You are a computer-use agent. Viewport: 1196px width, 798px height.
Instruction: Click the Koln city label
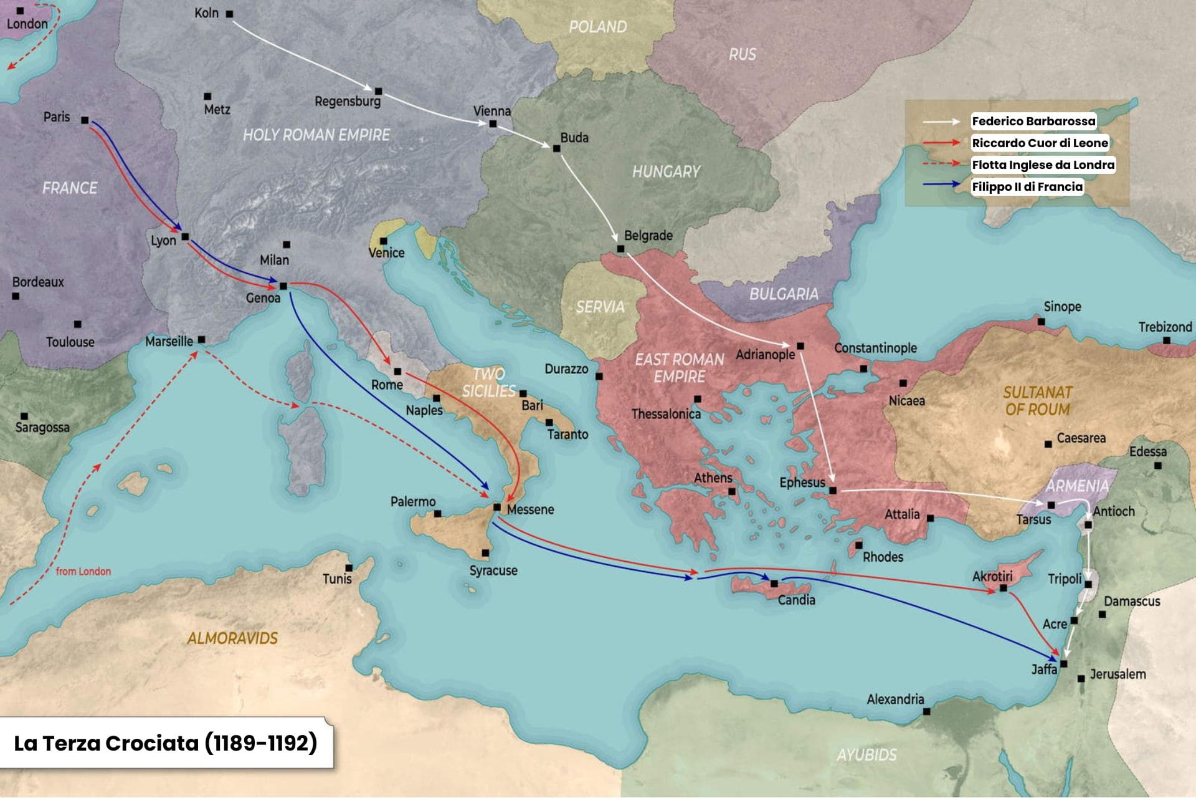pyautogui.click(x=206, y=13)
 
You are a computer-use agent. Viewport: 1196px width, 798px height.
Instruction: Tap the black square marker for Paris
pyautogui.click(x=85, y=120)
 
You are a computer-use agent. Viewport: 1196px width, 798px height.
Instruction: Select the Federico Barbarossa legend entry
pyautogui.click(x=1033, y=121)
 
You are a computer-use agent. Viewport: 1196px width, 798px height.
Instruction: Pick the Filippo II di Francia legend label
pyautogui.click(x=1027, y=186)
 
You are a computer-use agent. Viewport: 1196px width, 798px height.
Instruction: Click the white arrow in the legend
pyautogui.click(x=941, y=122)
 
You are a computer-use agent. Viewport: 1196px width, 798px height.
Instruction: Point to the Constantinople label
pyautogui.click(x=875, y=348)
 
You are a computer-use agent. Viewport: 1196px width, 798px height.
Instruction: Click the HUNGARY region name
pyautogui.click(x=666, y=171)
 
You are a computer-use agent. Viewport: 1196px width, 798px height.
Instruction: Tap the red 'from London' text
pyautogui.click(x=83, y=571)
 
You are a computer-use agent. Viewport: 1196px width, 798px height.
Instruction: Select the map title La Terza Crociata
pyautogui.click(x=165, y=743)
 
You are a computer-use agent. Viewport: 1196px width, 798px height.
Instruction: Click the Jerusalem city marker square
pyautogui.click(x=1081, y=678)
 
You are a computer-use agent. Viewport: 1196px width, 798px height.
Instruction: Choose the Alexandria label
pyautogui.click(x=895, y=699)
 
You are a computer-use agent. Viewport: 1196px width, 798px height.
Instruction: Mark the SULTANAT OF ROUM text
pyautogui.click(x=1037, y=401)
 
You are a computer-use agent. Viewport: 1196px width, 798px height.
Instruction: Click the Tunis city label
pyautogui.click(x=337, y=579)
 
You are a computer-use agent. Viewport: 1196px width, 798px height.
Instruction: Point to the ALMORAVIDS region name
pyautogui.click(x=232, y=638)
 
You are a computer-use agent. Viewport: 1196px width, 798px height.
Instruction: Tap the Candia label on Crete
pyautogui.click(x=796, y=600)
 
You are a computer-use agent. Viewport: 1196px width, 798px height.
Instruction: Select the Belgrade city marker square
pyautogui.click(x=620, y=249)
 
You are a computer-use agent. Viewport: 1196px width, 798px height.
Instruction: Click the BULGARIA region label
pyautogui.click(x=784, y=294)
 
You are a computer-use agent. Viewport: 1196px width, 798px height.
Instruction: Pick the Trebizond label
pyautogui.click(x=1165, y=327)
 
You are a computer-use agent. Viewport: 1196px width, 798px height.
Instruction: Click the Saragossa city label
pyautogui.click(x=42, y=427)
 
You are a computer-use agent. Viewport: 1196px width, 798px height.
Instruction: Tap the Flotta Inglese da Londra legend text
pyautogui.click(x=1043, y=165)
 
